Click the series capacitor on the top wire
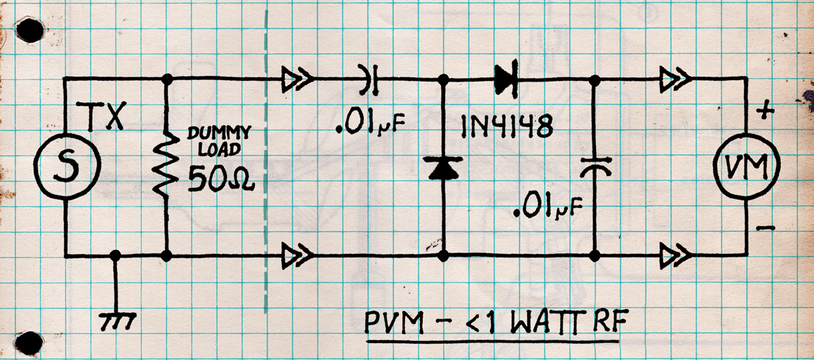(369, 80)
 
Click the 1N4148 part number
(504, 127)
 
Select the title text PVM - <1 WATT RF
(493, 322)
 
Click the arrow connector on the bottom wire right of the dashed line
(297, 257)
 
